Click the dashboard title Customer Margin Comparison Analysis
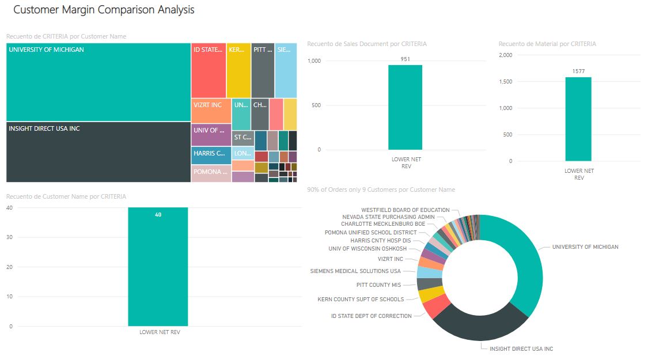click(x=104, y=10)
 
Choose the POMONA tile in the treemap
click(x=211, y=173)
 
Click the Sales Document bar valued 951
click(x=405, y=107)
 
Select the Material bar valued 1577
click(x=578, y=119)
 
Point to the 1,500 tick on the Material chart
click(x=504, y=82)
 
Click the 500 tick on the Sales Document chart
click(x=315, y=105)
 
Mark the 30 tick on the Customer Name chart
click(x=9, y=237)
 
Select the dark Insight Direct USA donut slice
click(x=481, y=323)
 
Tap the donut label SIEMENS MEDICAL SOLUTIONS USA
click(x=355, y=271)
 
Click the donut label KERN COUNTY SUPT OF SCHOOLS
click(x=361, y=299)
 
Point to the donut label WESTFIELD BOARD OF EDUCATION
click(x=405, y=210)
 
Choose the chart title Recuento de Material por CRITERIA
click(x=547, y=44)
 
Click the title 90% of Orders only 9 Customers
click(x=381, y=190)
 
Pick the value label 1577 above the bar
click(x=579, y=71)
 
